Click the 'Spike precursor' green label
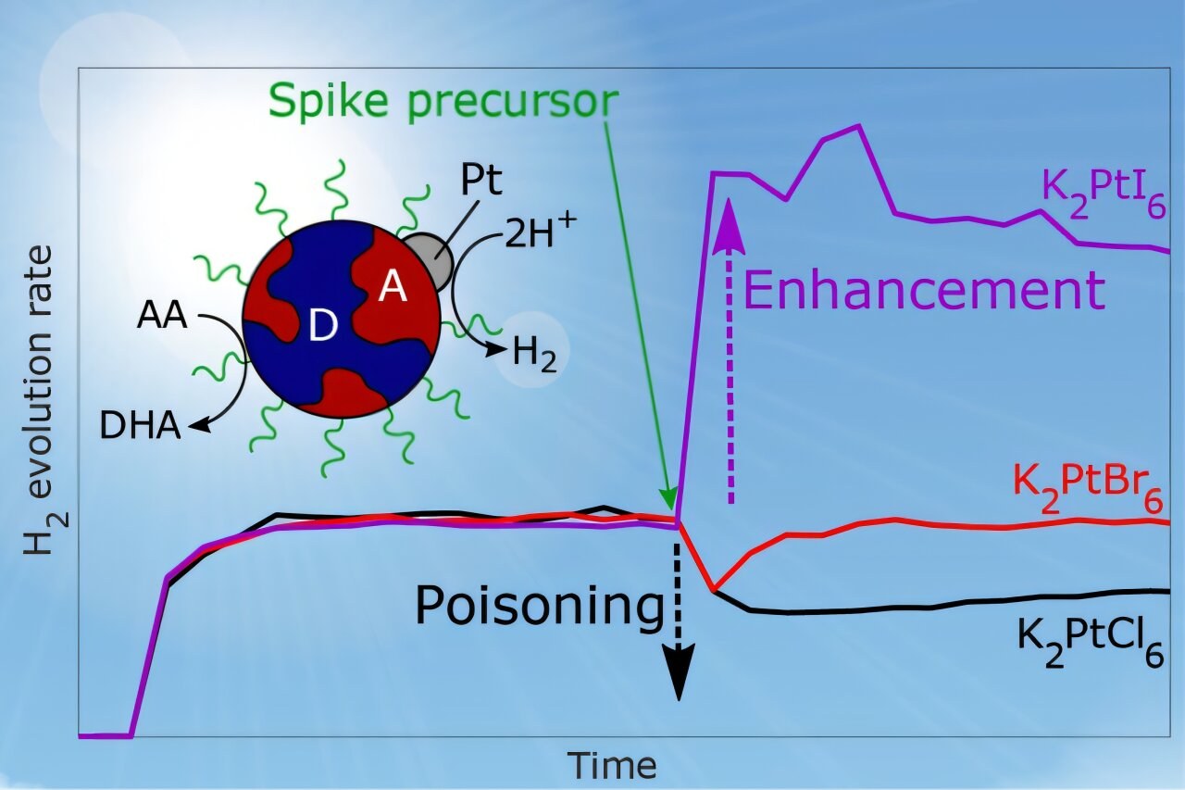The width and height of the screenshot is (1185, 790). click(x=443, y=102)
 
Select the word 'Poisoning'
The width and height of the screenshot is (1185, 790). click(x=540, y=607)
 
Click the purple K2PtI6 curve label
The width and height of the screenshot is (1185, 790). click(x=1104, y=194)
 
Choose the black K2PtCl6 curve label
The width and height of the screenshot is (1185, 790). click(x=1091, y=643)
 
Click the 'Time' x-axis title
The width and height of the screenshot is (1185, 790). click(x=612, y=765)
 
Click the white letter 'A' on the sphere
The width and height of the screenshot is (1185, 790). click(x=393, y=288)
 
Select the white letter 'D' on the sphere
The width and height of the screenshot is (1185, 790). click(x=323, y=325)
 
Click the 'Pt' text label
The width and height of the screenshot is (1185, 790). click(x=480, y=180)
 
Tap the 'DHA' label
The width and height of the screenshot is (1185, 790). click(x=140, y=426)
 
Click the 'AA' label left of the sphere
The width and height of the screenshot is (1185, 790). click(x=162, y=316)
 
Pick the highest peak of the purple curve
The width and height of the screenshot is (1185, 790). click(x=858, y=126)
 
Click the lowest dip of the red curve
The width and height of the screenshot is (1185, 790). click(x=714, y=589)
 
